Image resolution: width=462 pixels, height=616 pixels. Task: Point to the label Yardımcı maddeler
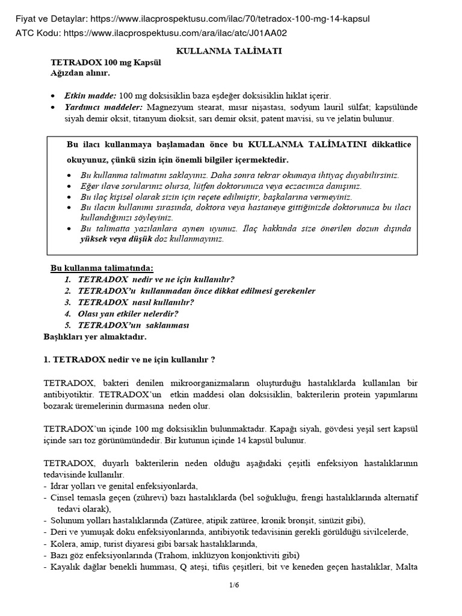103,107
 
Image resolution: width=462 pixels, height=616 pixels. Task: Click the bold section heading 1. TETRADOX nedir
129,360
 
